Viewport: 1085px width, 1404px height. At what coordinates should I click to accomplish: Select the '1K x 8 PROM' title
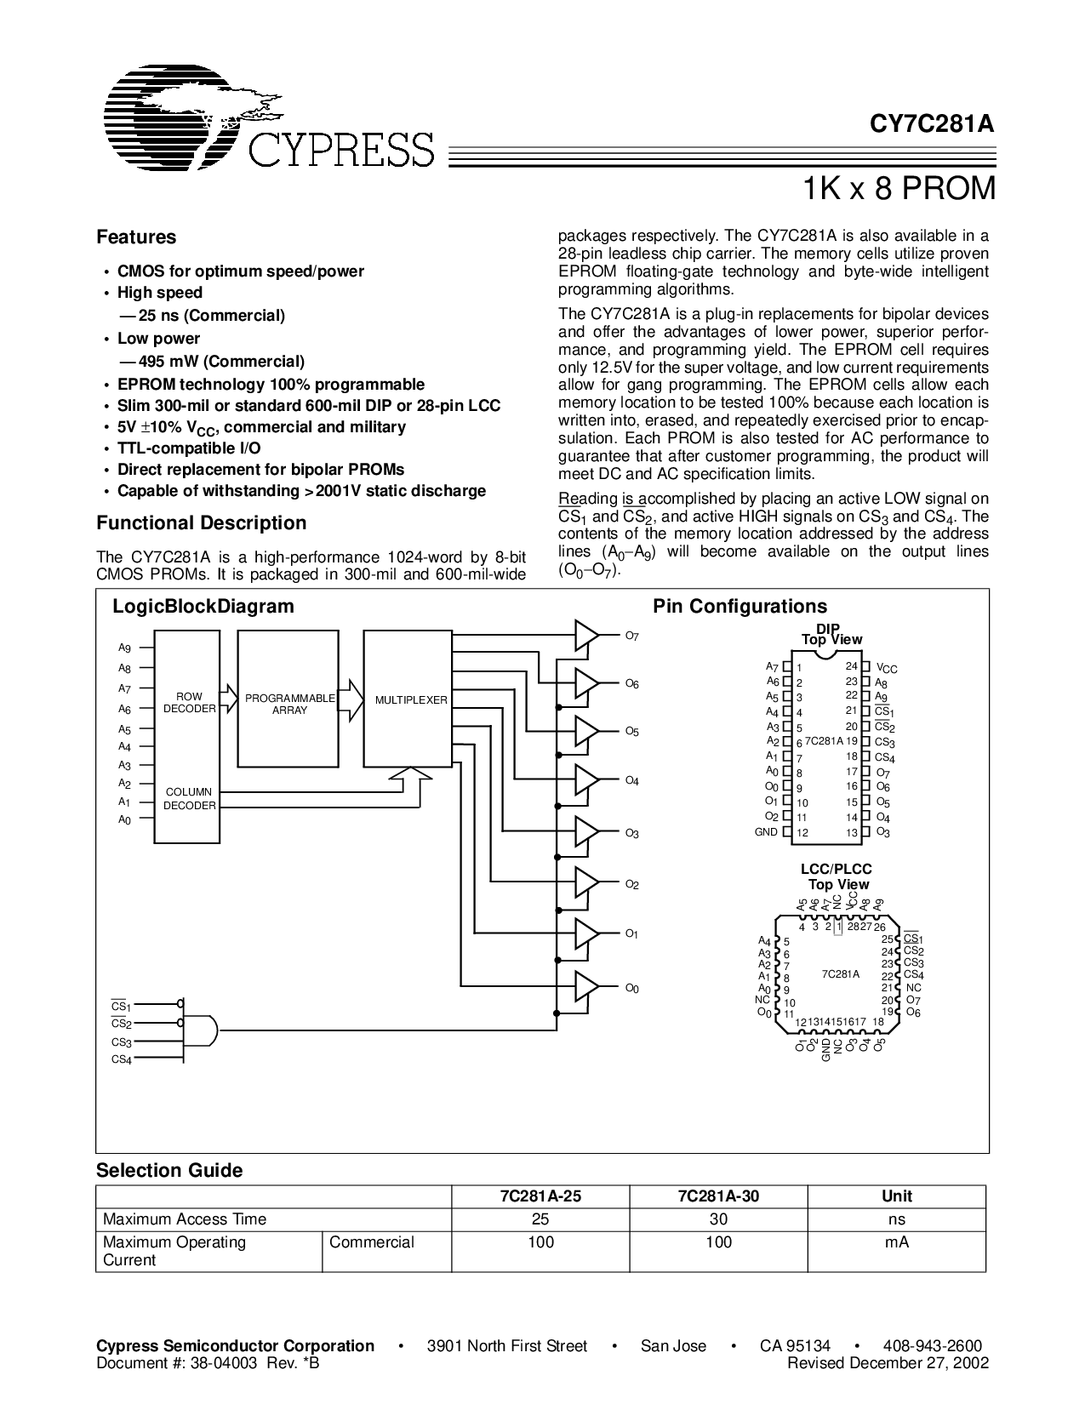(x=899, y=186)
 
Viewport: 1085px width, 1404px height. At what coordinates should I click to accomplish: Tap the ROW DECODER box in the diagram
(x=188, y=702)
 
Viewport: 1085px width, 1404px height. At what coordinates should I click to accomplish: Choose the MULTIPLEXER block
(x=411, y=699)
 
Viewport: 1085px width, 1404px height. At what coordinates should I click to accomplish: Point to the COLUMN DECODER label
(x=189, y=798)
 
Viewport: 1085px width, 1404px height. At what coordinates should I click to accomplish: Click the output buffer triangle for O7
(x=585, y=635)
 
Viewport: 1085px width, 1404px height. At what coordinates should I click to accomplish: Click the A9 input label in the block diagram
(x=124, y=648)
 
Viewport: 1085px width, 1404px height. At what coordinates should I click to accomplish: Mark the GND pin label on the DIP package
(x=766, y=831)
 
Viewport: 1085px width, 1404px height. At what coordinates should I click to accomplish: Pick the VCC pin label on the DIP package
(x=886, y=668)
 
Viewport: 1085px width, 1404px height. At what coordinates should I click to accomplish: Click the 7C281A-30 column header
(x=718, y=1196)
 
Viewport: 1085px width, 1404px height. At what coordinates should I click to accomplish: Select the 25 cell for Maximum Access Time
(x=540, y=1219)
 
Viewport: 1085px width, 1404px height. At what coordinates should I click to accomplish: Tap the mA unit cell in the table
(x=897, y=1241)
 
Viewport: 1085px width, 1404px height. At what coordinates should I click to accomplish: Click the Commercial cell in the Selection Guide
(x=371, y=1241)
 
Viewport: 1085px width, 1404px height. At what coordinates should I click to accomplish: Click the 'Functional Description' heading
(x=201, y=522)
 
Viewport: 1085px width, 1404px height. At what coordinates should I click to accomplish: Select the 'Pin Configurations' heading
(x=740, y=606)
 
